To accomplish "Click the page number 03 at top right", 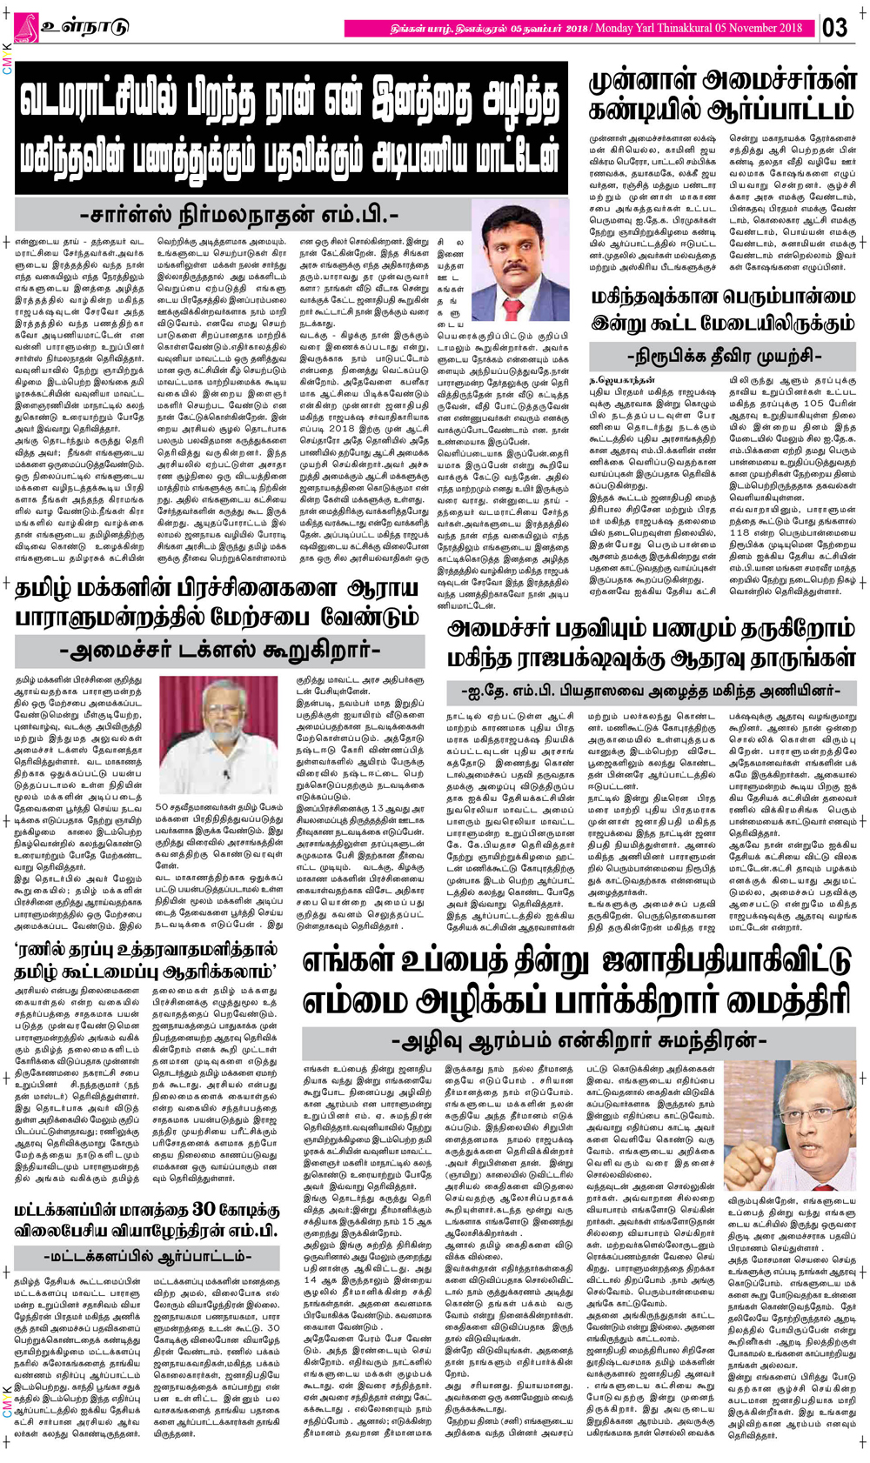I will click(834, 28).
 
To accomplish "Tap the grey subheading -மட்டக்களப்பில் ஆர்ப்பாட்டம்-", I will click(146, 1258).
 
